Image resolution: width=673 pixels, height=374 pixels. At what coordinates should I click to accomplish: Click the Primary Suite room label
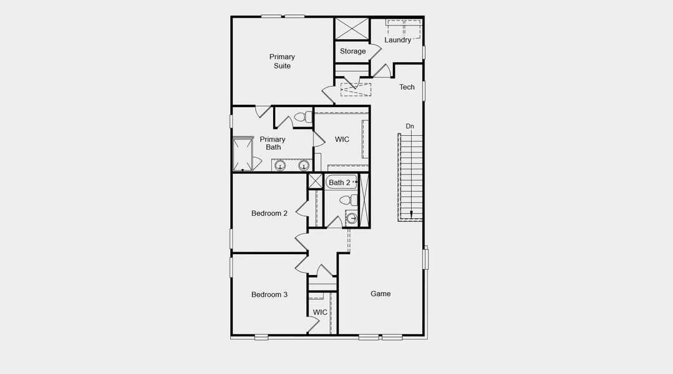pyautogui.click(x=283, y=61)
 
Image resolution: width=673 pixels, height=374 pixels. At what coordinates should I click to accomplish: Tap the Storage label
pyautogui.click(x=353, y=51)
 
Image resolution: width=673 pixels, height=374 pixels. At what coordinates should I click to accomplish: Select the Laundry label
pyautogui.click(x=397, y=40)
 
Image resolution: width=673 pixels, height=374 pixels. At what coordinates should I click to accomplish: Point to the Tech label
pyautogui.click(x=407, y=87)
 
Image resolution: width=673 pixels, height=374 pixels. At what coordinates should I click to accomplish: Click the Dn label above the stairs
pyautogui.click(x=410, y=127)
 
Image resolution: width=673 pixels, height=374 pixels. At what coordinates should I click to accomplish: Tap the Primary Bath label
pyautogui.click(x=273, y=143)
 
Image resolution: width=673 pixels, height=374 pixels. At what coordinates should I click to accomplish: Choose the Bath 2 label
pyautogui.click(x=339, y=183)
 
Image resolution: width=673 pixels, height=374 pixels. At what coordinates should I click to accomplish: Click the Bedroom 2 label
pyautogui.click(x=269, y=213)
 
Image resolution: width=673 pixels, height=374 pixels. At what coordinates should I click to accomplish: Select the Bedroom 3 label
pyautogui.click(x=269, y=294)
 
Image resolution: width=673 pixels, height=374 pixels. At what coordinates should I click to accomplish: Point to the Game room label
pyautogui.click(x=380, y=294)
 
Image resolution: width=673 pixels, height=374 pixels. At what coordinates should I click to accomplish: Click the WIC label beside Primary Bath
pyautogui.click(x=342, y=139)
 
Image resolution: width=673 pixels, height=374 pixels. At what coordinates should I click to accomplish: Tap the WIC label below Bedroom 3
pyautogui.click(x=320, y=312)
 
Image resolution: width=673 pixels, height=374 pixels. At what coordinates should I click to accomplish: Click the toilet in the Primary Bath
pyautogui.click(x=303, y=117)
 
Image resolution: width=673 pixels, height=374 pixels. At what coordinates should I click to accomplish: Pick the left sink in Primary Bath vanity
pyautogui.click(x=281, y=165)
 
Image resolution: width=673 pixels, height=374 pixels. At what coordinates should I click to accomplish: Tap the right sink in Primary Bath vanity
pyautogui.click(x=304, y=165)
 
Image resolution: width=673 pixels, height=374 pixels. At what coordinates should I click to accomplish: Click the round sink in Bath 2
pyautogui.click(x=351, y=218)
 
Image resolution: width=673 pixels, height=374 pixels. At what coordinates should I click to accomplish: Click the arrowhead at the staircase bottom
pyautogui.click(x=411, y=216)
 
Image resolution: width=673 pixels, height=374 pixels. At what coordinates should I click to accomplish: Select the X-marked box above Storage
pyautogui.click(x=352, y=29)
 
